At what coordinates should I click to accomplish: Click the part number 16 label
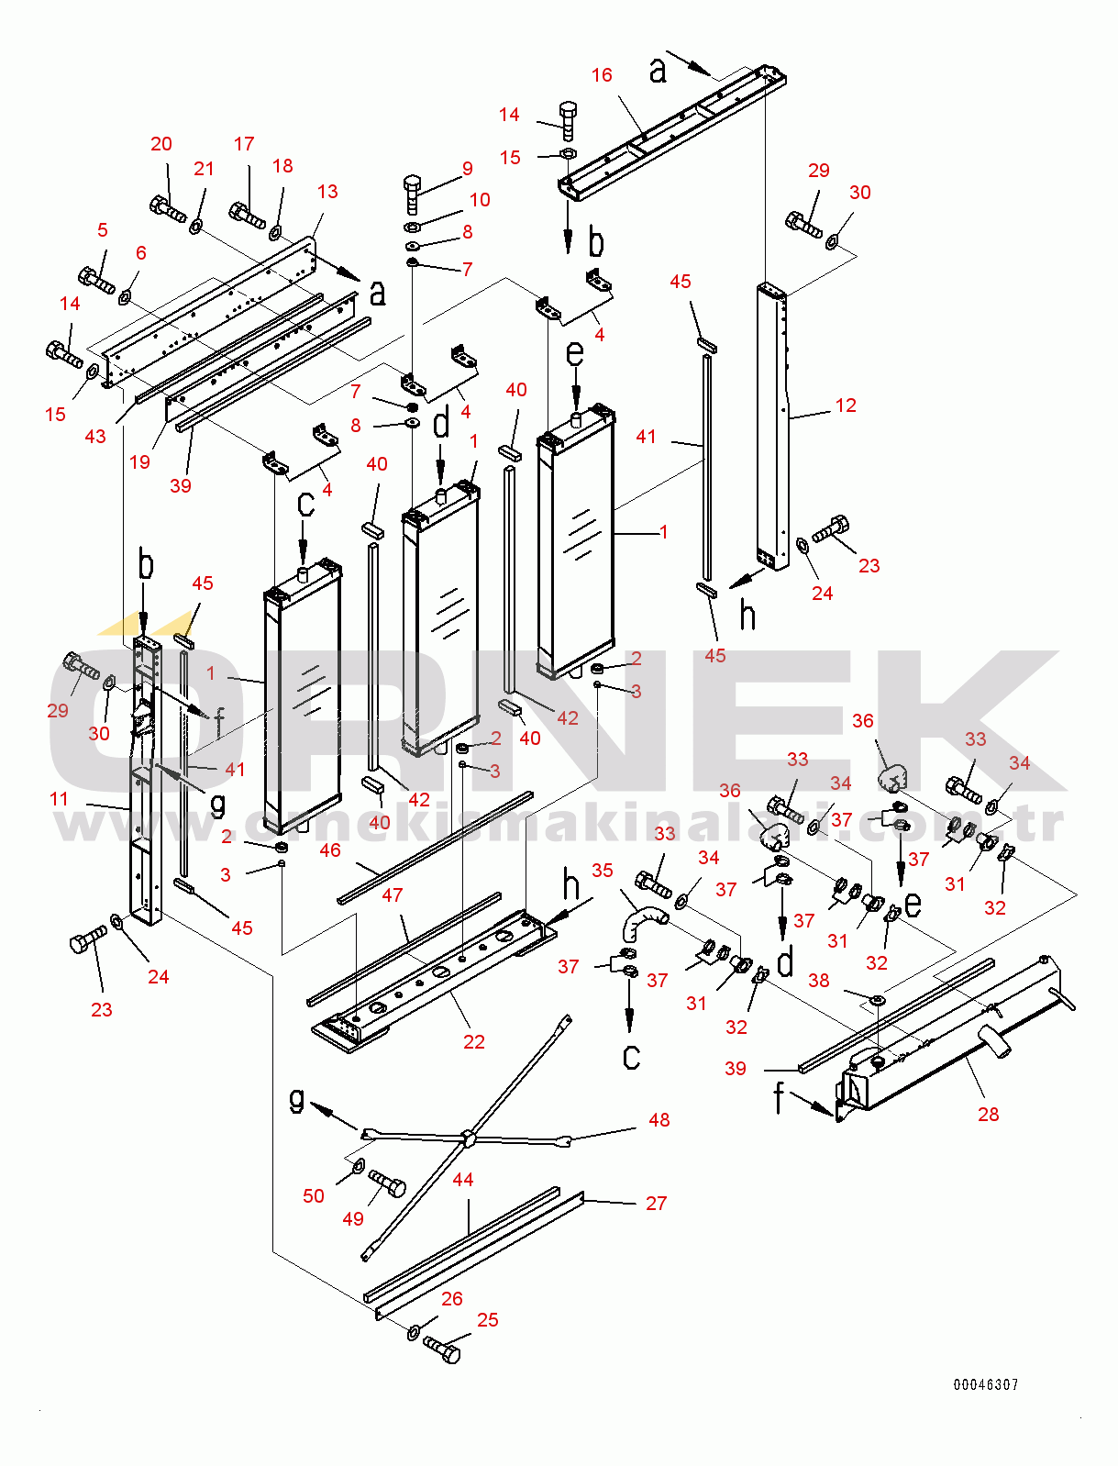coord(602,75)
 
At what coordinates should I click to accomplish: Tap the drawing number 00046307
coord(985,1385)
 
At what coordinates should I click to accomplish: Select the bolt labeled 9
coord(412,194)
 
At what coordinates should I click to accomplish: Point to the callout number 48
coord(659,1120)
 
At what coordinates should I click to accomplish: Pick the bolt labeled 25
coord(443,1349)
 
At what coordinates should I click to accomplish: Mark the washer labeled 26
coord(414,1331)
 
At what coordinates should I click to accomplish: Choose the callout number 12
coord(846,405)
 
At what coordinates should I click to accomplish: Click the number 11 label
coord(60,799)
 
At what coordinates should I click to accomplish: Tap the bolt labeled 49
coord(388,1183)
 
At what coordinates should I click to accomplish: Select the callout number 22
coord(473,1042)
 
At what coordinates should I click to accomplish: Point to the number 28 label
coord(988,1115)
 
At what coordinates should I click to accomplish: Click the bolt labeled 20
coord(168,208)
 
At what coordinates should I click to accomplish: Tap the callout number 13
coord(327,192)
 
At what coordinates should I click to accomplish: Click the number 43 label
coord(95,437)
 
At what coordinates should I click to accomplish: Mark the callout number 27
coord(656,1204)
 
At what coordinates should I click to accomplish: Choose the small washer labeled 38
coord(878,998)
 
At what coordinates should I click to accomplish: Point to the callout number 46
coord(330,850)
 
